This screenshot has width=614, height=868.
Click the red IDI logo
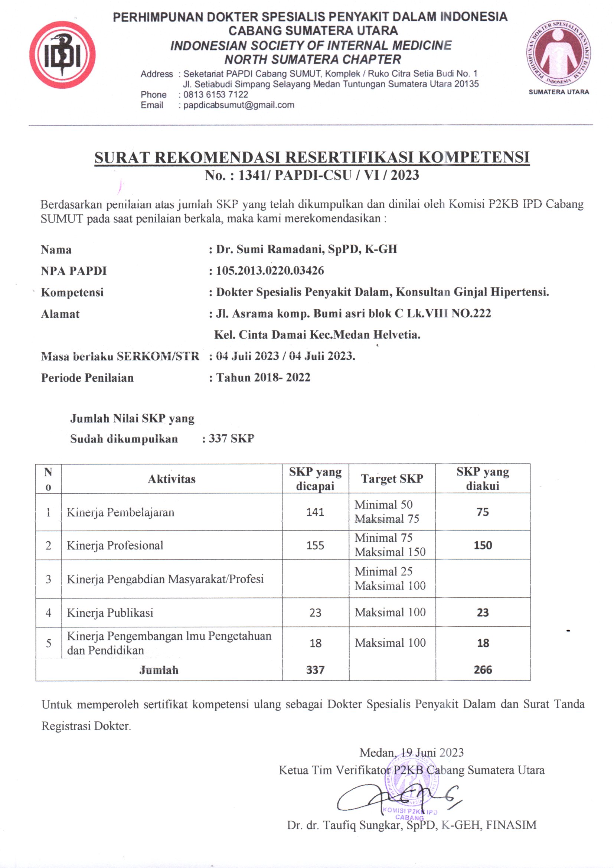tap(62, 55)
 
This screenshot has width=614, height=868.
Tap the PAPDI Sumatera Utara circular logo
tap(558, 53)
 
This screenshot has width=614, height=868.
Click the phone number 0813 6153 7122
tap(216, 95)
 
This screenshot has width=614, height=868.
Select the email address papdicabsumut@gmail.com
tap(239, 105)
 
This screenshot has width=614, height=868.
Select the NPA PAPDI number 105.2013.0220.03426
tap(270, 271)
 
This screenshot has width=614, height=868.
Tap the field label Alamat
tap(60, 314)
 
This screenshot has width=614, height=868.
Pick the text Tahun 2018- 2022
tap(263, 377)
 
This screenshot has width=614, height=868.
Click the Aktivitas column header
tap(172, 479)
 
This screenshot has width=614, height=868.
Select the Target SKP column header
tap(392, 479)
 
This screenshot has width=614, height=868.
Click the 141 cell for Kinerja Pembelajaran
tap(315, 512)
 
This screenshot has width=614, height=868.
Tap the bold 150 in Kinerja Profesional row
tap(483, 545)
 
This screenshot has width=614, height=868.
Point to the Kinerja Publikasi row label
tap(110, 613)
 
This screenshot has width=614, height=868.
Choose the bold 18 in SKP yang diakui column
tap(483, 643)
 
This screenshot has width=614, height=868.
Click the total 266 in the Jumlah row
tap(483, 670)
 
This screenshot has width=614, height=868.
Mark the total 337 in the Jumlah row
tap(315, 670)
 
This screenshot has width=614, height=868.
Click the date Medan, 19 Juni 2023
tap(411, 752)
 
